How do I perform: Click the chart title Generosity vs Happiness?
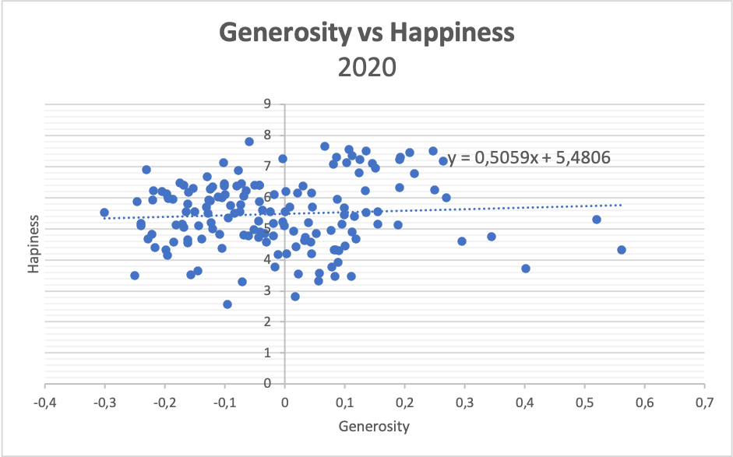367,33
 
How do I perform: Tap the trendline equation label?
529,158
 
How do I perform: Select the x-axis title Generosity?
374,426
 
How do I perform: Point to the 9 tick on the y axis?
267,104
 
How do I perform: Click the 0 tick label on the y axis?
267,383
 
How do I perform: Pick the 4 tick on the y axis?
267,259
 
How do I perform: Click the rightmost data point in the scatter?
622,250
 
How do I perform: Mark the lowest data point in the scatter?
227,304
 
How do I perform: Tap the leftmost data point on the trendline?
104,213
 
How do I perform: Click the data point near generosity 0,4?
526,269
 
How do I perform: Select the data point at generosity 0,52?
597,220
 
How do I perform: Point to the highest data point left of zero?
249,142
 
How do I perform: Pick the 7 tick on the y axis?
267,166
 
